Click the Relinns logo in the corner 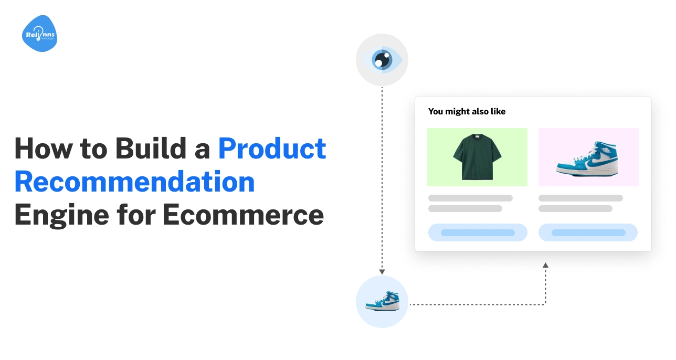click(x=39, y=34)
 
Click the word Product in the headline click(x=272, y=149)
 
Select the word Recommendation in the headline click(x=134, y=182)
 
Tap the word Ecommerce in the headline click(x=243, y=215)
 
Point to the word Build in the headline click(x=151, y=149)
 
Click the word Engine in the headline click(x=61, y=216)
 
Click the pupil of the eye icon click(x=382, y=60)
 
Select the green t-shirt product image click(x=477, y=157)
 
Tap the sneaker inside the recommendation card click(x=587, y=158)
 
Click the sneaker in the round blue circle click(x=383, y=301)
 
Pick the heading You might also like click(x=467, y=112)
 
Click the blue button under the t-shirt click(x=478, y=232)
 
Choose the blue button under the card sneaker click(x=588, y=232)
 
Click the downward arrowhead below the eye click(x=382, y=272)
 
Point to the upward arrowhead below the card click(x=545, y=265)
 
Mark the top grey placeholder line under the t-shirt click(x=470, y=198)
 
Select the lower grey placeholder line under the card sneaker click(x=576, y=208)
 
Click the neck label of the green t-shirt click(x=477, y=137)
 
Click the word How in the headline click(x=44, y=149)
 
